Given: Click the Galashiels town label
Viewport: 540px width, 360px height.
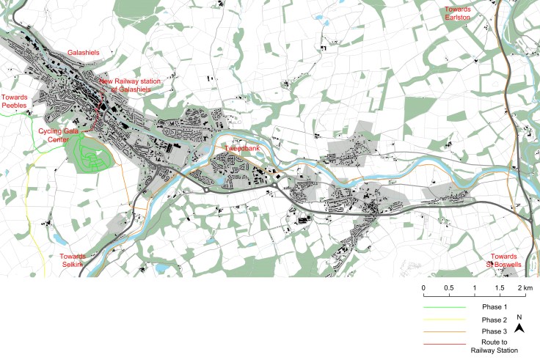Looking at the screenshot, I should click(83, 53).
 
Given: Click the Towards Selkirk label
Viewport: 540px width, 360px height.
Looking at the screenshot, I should click(73, 260).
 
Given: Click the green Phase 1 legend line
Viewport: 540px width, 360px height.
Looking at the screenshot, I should click(448, 307).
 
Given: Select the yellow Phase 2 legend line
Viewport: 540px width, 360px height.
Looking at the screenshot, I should click(448, 320).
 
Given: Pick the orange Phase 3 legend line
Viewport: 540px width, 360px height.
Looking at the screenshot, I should click(448, 334).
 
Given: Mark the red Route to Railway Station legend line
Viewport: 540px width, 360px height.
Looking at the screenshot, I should click(448, 347).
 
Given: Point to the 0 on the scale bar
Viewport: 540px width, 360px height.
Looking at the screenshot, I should click(423, 287).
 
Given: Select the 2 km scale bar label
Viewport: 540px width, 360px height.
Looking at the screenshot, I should click(523, 287).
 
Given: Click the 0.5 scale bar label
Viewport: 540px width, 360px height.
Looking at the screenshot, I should click(449, 287).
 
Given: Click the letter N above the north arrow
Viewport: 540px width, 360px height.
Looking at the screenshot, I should click(519, 317).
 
